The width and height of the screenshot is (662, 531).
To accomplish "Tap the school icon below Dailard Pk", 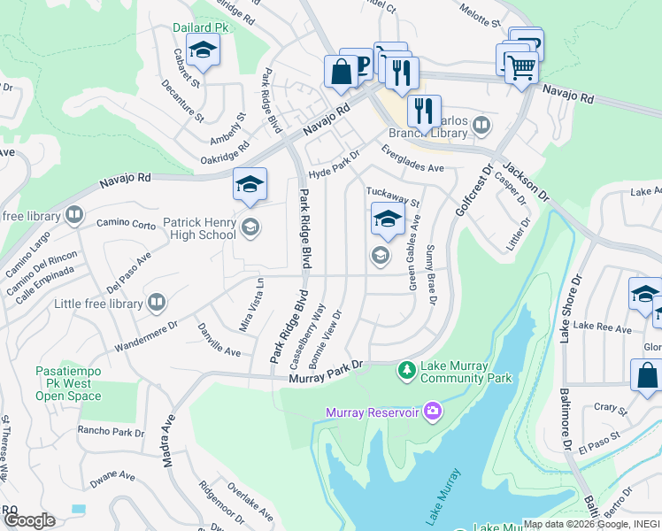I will [x=204, y=52].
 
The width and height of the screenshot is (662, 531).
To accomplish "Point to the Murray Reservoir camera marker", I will [x=433, y=410].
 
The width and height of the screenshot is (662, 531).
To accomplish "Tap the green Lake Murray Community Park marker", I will [x=406, y=369].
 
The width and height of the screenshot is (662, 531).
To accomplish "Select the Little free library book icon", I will [x=157, y=304].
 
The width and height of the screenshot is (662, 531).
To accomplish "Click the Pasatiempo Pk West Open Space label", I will [x=69, y=383].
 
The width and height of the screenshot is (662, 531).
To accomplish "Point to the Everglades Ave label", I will [x=412, y=160].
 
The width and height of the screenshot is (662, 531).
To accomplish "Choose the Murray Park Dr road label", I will [x=327, y=371].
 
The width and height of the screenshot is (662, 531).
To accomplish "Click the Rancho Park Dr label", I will [x=111, y=432].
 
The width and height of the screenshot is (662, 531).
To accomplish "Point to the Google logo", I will [x=29, y=519].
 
